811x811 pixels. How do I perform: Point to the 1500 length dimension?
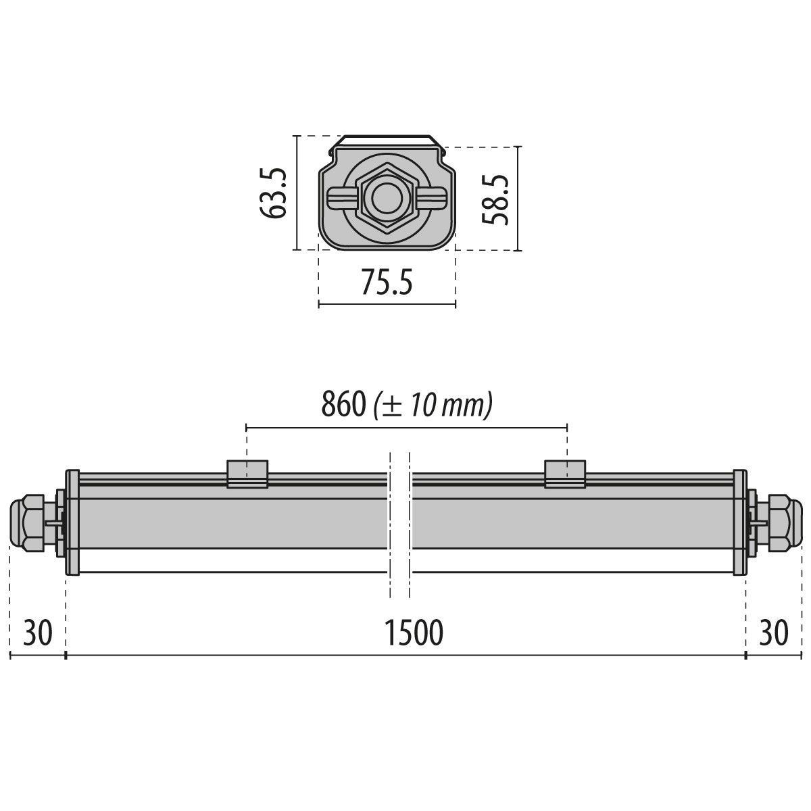(x=414, y=633)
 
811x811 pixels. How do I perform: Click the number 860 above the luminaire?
(x=343, y=405)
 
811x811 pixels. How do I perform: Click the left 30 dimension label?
(x=38, y=633)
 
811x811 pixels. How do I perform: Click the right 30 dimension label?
(x=773, y=633)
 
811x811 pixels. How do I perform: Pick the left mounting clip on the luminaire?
(x=247, y=474)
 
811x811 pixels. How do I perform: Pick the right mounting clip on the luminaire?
(x=566, y=474)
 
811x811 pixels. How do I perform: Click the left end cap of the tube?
(x=72, y=522)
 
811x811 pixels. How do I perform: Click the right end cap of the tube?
(x=739, y=522)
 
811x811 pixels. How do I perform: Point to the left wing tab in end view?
(x=339, y=199)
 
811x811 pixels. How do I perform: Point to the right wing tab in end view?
(x=434, y=199)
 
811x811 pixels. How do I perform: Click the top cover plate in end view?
(x=387, y=141)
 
